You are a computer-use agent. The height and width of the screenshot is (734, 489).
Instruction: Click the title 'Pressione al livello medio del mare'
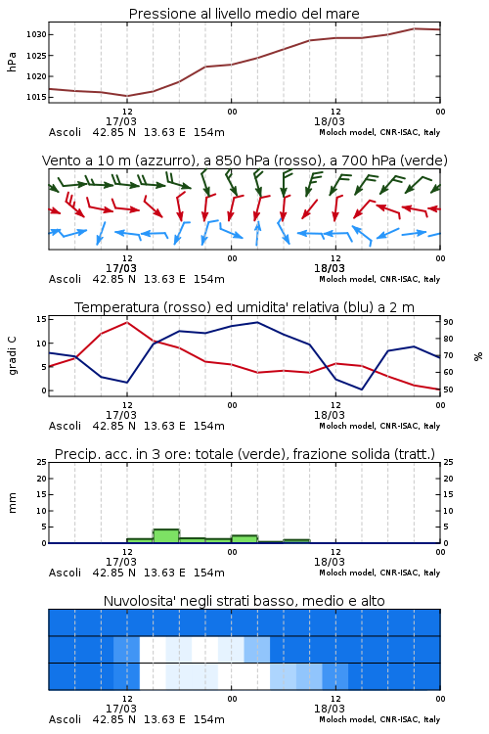pos(244,14)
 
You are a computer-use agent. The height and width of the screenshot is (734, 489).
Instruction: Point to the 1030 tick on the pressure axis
pos(36,34)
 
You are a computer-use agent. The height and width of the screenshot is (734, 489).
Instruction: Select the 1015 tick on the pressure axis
pos(36,97)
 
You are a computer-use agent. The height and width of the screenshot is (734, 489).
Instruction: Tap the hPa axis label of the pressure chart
pos(12,62)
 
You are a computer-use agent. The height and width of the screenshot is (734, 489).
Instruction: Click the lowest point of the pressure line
pos(127,96)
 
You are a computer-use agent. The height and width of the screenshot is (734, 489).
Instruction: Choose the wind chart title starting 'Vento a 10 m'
pos(244,161)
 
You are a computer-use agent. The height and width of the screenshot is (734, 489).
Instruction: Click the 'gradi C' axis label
pos(12,356)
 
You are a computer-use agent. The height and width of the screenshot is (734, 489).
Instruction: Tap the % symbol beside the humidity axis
pos(478,356)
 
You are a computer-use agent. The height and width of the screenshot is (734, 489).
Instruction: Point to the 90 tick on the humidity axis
pos(448,322)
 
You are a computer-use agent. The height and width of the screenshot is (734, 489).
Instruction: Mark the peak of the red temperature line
pos(127,322)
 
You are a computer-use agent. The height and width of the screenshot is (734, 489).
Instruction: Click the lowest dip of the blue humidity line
pos(361,389)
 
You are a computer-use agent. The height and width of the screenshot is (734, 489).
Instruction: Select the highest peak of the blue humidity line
pos(257,322)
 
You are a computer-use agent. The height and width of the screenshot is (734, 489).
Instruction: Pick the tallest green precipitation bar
pos(166,536)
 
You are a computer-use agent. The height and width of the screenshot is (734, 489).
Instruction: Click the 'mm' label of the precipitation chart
pos(12,502)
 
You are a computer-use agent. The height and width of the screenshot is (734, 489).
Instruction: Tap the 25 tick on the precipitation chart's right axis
pos(448,462)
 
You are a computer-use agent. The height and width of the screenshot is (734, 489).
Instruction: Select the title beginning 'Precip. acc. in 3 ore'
pos(244,454)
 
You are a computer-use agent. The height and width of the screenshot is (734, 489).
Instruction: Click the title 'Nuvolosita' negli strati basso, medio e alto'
pos(244,601)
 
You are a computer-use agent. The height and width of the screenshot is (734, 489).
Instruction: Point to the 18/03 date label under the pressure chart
pos(330,121)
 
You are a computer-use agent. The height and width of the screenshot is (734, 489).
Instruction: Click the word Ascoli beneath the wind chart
pos(65,279)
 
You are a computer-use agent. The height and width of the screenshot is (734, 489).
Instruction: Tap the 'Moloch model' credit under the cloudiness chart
pos(347,719)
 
